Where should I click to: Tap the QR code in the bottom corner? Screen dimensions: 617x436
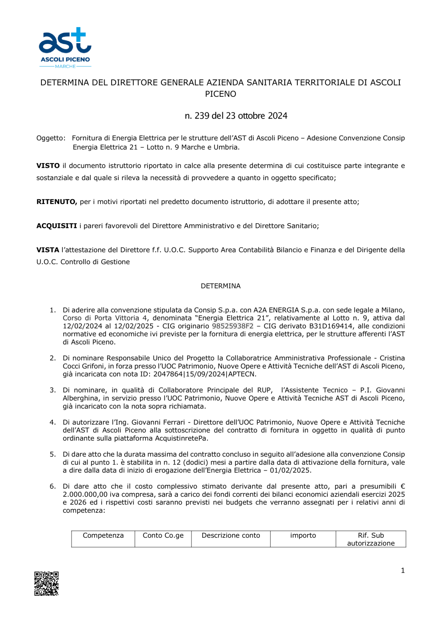(47, 583)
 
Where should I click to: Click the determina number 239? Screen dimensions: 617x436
(202, 116)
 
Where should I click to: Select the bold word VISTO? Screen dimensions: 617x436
(48, 166)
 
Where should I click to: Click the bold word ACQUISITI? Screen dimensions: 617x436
(57, 226)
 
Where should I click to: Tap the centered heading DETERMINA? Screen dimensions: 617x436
(221, 286)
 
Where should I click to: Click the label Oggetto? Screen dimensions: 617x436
(51, 138)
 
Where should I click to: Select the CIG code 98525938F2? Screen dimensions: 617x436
(232, 326)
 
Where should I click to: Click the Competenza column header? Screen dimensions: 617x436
(103, 535)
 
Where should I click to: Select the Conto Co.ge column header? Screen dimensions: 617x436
(163, 535)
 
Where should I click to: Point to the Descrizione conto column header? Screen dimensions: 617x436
(231, 535)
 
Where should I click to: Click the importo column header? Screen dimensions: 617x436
(303, 535)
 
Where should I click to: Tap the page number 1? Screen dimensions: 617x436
(402, 570)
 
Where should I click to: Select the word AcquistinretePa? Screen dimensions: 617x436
(183, 438)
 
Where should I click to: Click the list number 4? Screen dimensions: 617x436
(52, 422)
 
